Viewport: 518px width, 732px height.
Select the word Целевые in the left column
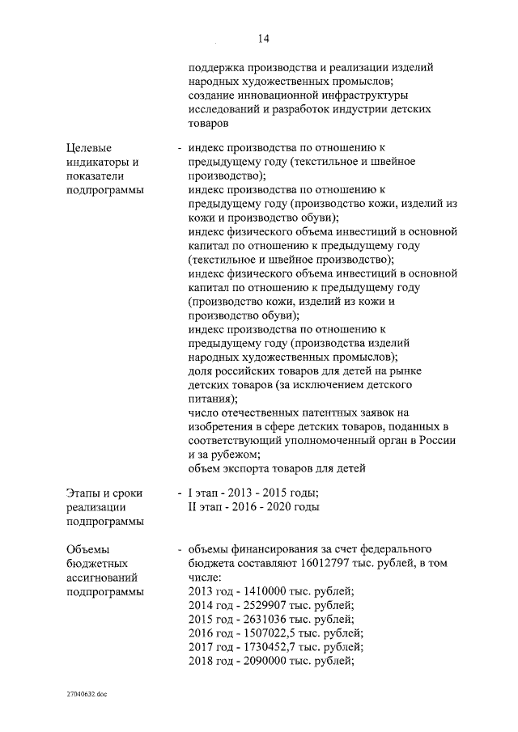pos(89,147)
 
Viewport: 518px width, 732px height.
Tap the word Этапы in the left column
pos(84,492)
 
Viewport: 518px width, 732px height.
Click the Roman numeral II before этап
pos(192,506)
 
